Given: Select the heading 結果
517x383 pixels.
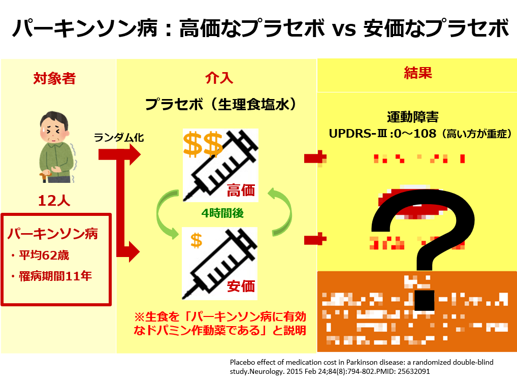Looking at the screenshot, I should click(417, 73).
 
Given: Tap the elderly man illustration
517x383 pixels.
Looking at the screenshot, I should click(56, 147).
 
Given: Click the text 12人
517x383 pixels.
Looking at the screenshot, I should click(54, 201).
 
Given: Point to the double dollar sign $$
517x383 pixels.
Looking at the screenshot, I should click(203, 144).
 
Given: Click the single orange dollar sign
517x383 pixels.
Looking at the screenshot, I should click(196, 239).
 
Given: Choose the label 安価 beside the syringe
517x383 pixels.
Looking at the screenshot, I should click(240, 285).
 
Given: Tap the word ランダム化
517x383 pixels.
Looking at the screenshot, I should click(116, 137).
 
